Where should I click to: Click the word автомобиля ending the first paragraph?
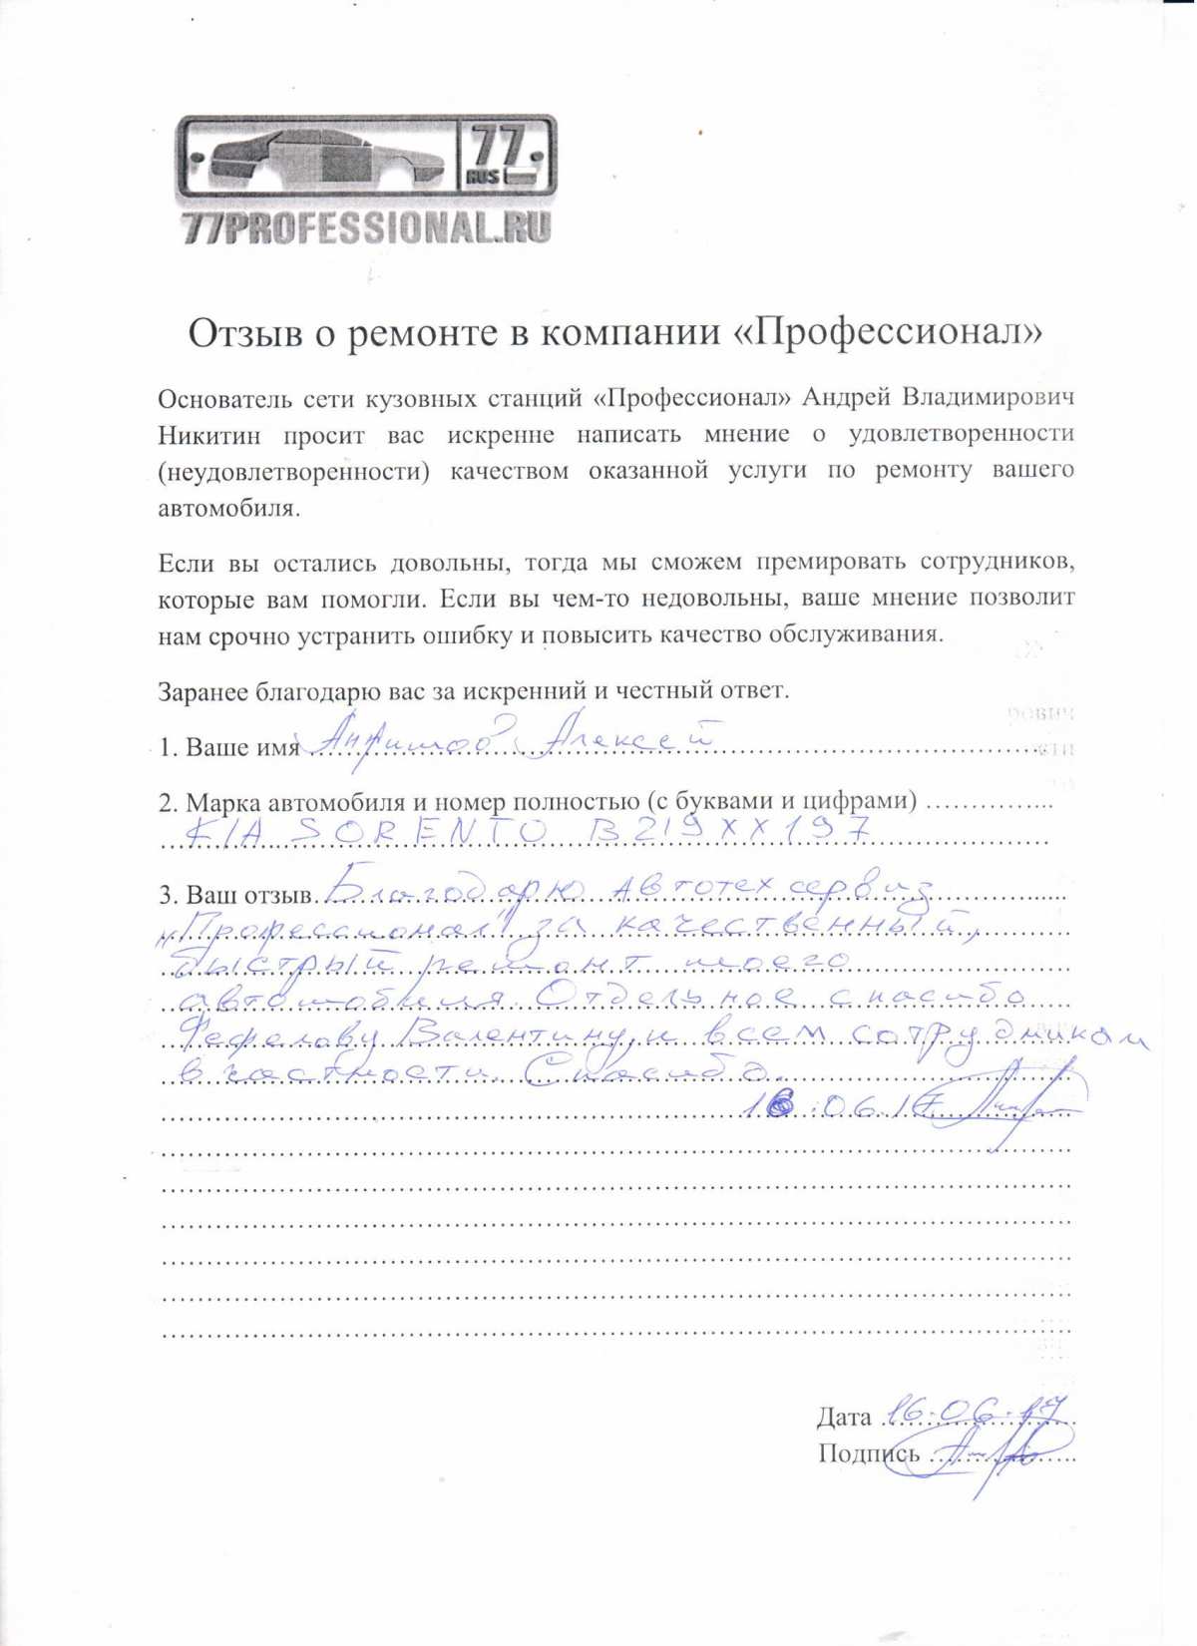(x=227, y=508)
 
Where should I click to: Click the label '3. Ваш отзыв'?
(x=237, y=895)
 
